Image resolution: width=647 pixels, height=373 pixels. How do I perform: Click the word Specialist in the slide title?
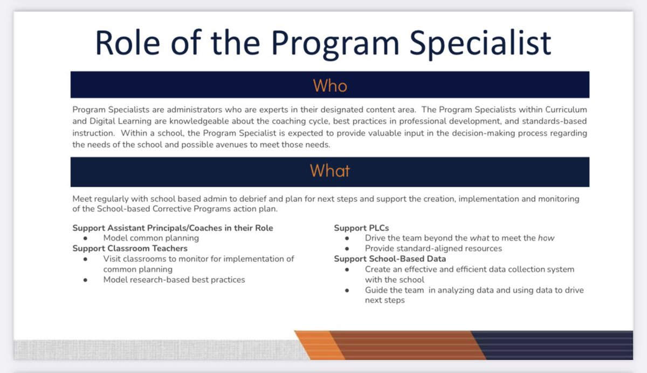(481, 43)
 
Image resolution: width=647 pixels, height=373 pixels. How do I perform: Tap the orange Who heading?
(330, 85)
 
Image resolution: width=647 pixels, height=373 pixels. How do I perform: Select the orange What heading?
(330, 171)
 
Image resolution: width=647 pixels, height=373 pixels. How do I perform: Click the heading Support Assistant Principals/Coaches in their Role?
(173, 228)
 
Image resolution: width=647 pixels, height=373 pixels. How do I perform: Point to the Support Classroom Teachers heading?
(130, 248)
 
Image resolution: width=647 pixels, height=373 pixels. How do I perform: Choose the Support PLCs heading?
(361, 228)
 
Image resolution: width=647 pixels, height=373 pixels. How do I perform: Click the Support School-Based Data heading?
(390, 259)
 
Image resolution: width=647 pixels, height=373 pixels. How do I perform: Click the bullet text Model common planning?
(151, 238)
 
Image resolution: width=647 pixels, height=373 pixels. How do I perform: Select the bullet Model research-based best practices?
(174, 280)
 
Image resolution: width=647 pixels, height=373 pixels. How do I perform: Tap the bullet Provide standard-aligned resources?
(433, 248)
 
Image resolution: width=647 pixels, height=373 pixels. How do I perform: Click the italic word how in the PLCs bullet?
(546, 238)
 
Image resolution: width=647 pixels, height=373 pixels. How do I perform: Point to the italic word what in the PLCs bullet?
(478, 238)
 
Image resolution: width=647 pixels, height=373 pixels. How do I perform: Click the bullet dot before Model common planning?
(86, 239)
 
